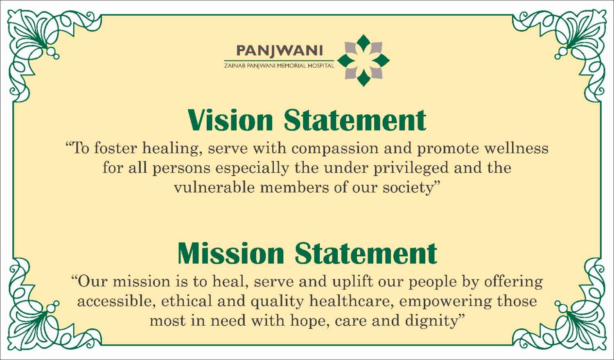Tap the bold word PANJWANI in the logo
point(279,51)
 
